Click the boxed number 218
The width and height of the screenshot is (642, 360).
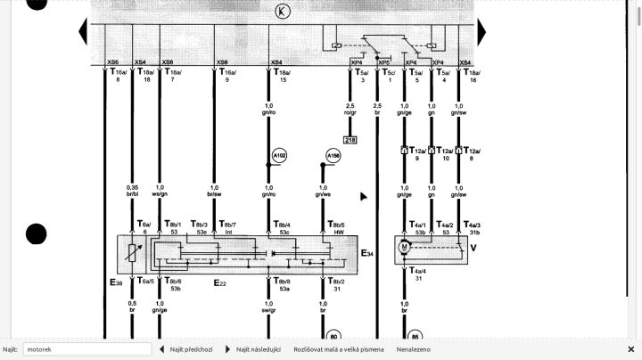click(350, 140)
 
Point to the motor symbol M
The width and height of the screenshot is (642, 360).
click(403, 246)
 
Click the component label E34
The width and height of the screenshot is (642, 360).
click(367, 254)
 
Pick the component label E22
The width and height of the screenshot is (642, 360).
click(220, 282)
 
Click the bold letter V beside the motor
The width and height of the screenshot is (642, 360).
click(473, 247)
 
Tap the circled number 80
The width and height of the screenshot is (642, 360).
click(333, 336)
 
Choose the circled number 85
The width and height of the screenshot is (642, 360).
click(416, 337)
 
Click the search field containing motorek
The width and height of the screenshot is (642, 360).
click(86, 349)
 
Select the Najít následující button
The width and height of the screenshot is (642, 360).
click(254, 349)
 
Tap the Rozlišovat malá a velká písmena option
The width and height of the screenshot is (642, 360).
click(339, 349)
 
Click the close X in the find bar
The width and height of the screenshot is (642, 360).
click(630, 349)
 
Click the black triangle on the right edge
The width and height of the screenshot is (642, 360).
click(481, 32)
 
